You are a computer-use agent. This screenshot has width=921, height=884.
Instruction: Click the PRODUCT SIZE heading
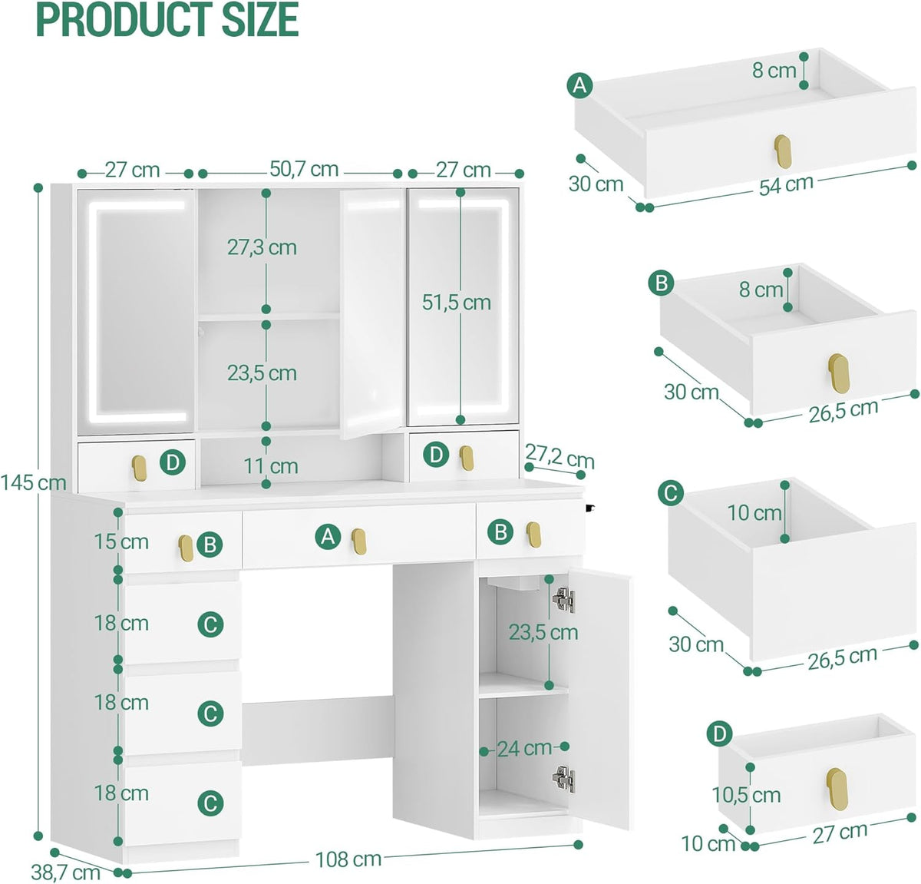(167, 20)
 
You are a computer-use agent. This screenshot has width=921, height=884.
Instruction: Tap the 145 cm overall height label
(33, 482)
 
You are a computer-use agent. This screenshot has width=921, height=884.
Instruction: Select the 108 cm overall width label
(348, 859)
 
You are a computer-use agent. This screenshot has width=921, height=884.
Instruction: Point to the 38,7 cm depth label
(66, 872)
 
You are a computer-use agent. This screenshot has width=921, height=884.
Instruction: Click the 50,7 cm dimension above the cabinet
(304, 169)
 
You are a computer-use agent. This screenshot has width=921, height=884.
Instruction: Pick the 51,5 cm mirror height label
(456, 302)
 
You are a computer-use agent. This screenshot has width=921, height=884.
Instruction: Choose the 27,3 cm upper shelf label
(262, 247)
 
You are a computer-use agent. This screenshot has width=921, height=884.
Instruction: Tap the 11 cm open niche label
(271, 466)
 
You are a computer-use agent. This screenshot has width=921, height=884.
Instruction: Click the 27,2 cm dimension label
(560, 457)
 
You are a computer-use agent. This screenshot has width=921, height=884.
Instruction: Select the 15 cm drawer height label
(121, 541)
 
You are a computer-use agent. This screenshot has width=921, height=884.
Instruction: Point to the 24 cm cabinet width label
(524, 749)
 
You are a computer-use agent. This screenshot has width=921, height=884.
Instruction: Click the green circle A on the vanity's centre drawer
(328, 536)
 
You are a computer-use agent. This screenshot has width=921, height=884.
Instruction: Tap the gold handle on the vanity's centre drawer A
(358, 541)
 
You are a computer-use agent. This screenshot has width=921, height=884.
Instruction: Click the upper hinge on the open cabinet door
(563, 600)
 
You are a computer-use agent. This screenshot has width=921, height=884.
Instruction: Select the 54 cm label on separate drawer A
(786, 184)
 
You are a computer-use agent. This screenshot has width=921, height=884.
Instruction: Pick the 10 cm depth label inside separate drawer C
(754, 513)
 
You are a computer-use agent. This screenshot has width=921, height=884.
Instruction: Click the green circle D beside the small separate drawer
(719, 734)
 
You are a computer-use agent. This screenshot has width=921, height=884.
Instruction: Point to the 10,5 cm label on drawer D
(746, 795)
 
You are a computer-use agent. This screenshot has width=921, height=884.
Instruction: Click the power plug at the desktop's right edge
(589, 508)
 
